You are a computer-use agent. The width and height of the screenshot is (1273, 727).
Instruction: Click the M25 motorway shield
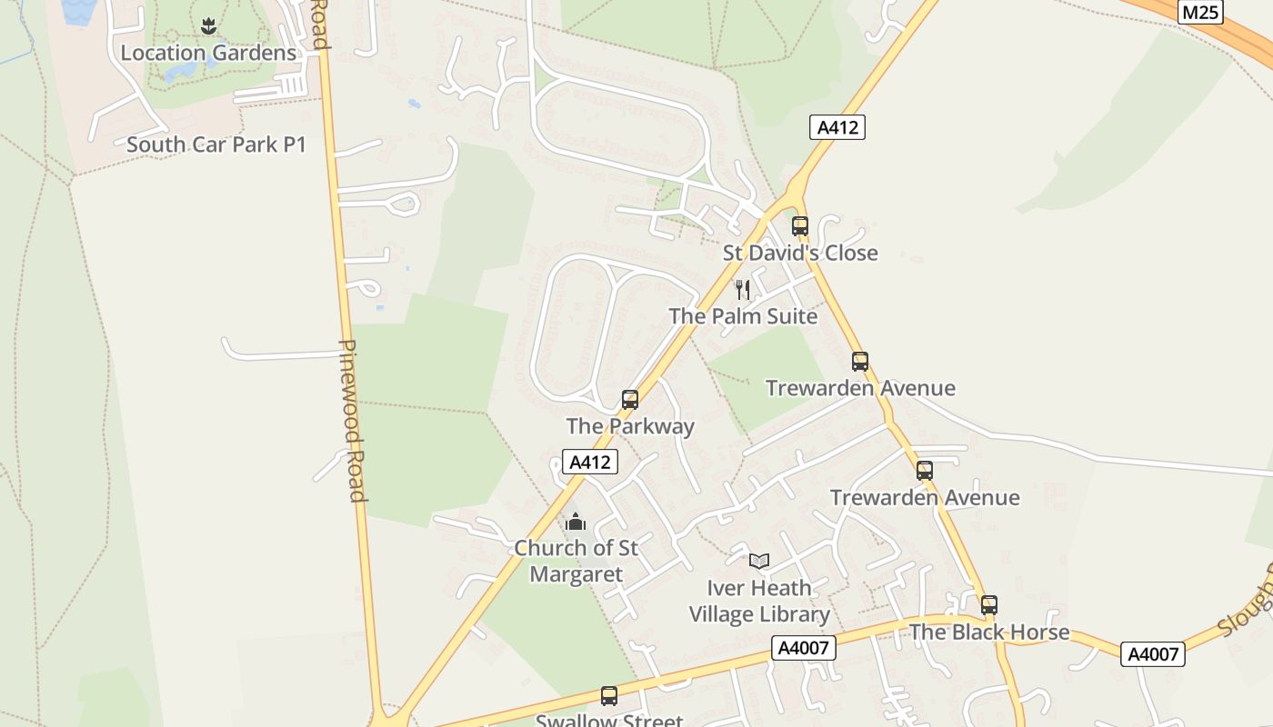1200,12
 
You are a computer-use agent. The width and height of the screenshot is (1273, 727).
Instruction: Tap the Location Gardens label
208,53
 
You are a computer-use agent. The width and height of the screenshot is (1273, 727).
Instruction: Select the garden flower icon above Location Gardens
208,25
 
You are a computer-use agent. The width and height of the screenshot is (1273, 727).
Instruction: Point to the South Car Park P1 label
216,144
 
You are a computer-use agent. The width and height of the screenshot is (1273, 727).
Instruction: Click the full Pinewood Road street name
353,421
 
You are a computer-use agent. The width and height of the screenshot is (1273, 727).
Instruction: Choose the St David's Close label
800,253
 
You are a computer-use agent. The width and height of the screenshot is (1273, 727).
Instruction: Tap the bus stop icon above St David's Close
800,225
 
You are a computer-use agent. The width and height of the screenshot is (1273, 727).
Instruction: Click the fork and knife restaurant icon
743,290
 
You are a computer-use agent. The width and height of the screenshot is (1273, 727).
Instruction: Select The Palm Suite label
743,316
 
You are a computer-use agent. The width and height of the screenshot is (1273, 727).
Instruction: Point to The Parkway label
630,426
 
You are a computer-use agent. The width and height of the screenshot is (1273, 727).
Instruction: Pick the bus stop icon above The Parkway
629,399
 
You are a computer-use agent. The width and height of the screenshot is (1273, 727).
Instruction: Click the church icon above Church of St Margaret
576,523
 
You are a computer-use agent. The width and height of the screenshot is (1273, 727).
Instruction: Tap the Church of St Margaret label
576,562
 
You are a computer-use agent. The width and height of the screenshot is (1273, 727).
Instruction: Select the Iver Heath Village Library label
759,601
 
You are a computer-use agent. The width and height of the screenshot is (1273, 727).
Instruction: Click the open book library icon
759,562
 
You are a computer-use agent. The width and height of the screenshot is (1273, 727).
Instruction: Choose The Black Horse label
989,632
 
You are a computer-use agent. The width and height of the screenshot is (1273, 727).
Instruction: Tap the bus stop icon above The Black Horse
989,604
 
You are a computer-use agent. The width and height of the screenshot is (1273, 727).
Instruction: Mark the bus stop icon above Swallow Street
609,696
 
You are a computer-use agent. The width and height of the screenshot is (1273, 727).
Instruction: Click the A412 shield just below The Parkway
589,463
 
